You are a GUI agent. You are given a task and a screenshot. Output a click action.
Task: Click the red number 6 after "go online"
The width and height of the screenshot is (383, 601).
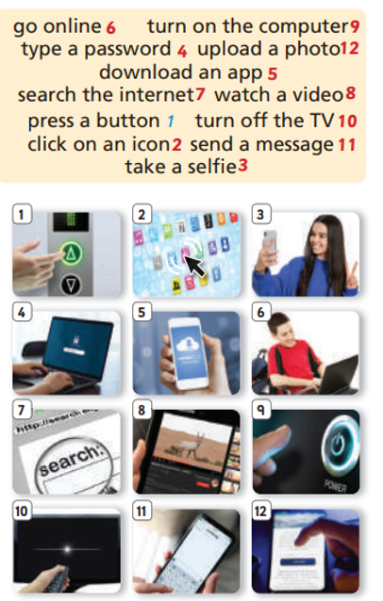tap(110, 27)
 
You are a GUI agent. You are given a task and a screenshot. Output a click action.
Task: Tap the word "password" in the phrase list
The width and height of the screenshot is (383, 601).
tap(127, 50)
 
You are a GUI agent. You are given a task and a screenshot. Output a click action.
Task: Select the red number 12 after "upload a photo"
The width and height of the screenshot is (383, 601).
tap(349, 49)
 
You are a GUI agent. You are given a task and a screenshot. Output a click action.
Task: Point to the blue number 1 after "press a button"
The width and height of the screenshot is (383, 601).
tap(171, 122)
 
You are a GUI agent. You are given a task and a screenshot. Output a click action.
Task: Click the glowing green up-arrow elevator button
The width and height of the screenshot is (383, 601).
tap(71, 253)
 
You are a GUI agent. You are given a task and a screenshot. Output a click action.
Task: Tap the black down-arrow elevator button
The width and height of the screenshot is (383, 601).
tap(71, 284)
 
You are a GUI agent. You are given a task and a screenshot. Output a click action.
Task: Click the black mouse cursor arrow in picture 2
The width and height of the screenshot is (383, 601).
tap(194, 266)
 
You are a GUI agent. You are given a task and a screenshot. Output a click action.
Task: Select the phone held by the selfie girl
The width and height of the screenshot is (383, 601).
tap(270, 245)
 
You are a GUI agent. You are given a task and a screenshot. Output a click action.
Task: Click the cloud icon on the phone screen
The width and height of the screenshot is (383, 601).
tap(187, 343)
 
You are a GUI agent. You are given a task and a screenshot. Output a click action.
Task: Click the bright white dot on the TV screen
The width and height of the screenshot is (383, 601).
tap(68, 549)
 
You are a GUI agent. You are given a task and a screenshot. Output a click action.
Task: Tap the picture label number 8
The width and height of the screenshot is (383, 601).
tap(142, 410)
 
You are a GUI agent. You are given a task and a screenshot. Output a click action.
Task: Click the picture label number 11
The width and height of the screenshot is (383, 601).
tap(142, 511)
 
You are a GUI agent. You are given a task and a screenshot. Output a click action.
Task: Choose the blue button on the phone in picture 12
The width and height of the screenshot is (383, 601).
tap(298, 561)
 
